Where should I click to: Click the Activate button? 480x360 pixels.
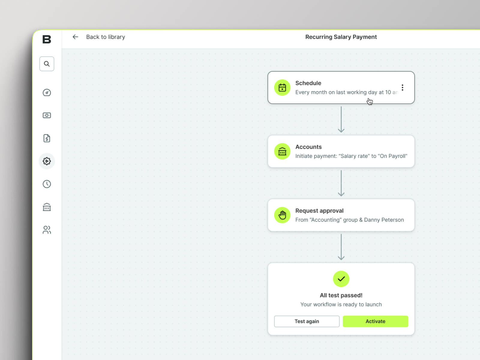(x=375, y=321)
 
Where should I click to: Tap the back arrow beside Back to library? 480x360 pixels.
(x=75, y=37)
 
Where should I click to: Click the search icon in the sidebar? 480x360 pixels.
(x=47, y=64)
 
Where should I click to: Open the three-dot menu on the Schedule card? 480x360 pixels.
(x=402, y=87)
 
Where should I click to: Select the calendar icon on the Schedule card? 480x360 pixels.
(x=282, y=87)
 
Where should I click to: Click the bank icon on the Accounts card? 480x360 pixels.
(x=282, y=151)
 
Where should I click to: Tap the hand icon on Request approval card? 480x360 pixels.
(x=282, y=215)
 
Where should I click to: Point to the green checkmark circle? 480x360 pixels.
(x=341, y=279)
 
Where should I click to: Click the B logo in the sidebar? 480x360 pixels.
(x=47, y=39)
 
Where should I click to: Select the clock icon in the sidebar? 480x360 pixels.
(x=47, y=184)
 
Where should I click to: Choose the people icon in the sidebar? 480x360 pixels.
(x=47, y=230)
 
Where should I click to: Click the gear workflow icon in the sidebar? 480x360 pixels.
(x=47, y=161)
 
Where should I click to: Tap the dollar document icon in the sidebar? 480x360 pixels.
(x=47, y=138)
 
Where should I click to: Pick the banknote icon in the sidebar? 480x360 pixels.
(x=47, y=115)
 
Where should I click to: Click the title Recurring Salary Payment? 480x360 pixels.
(x=341, y=37)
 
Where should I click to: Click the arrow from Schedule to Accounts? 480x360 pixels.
(x=341, y=119)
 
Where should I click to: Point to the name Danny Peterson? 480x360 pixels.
(x=384, y=220)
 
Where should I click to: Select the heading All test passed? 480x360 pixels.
(x=341, y=295)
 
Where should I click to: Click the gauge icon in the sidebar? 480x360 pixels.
(x=47, y=92)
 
